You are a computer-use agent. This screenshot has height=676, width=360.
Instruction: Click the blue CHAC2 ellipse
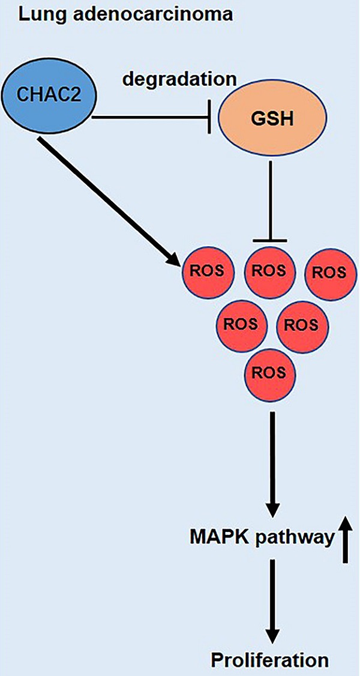point(49,95)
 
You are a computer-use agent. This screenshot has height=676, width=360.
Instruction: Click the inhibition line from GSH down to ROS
point(271,198)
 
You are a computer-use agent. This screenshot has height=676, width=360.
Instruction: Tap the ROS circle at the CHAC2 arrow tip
point(206,270)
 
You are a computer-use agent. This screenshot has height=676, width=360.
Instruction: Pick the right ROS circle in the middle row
point(300,325)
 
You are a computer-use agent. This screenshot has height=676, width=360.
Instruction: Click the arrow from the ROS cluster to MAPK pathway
point(272,462)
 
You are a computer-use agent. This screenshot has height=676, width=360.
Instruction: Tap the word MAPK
point(214,537)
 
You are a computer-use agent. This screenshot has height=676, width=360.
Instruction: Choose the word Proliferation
point(269,661)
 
